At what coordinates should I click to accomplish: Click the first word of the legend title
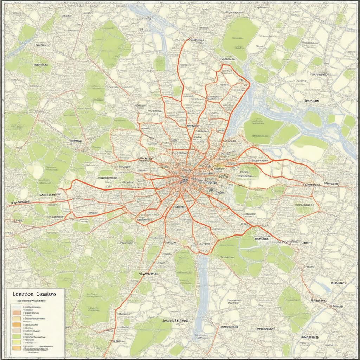click(x=23, y=294)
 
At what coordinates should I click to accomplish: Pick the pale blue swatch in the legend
click(x=17, y=307)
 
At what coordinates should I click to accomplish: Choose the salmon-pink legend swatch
click(x=17, y=313)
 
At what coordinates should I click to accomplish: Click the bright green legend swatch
click(x=17, y=336)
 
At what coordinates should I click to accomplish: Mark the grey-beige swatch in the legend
click(x=17, y=331)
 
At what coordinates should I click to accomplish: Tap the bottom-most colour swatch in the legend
click(x=17, y=348)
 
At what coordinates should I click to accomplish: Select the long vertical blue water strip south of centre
click(x=202, y=288)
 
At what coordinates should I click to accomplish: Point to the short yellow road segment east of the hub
click(x=220, y=165)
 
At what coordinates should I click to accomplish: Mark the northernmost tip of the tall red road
click(x=190, y=39)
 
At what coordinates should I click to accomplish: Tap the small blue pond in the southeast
click(x=323, y=287)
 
